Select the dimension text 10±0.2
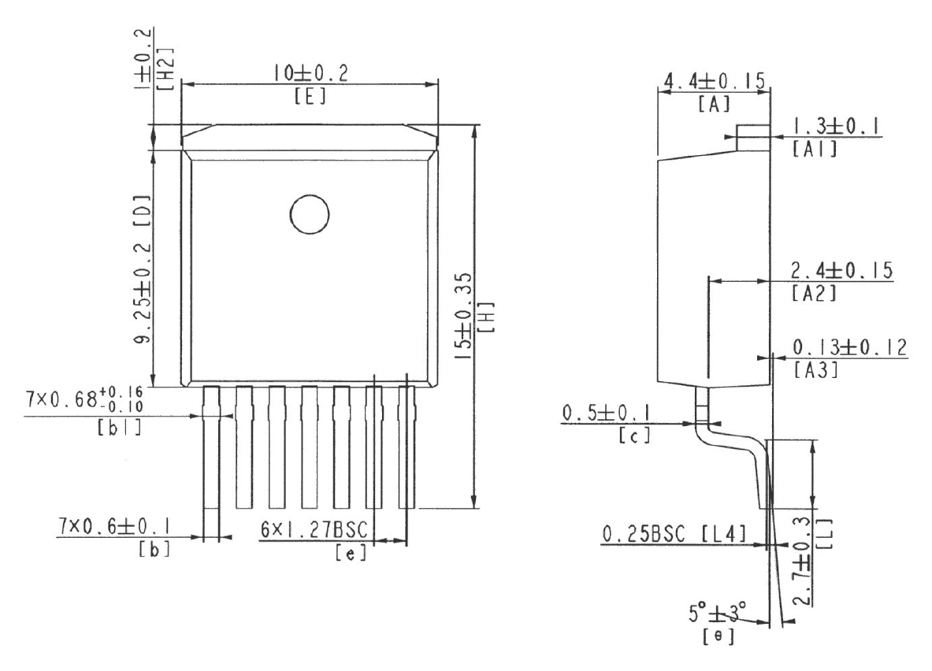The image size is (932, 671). [x=310, y=73]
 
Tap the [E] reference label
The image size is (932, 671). [x=309, y=98]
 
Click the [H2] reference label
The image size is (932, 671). [x=167, y=61]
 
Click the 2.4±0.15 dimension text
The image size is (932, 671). [x=841, y=271]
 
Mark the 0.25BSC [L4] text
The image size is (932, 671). [x=674, y=536]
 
